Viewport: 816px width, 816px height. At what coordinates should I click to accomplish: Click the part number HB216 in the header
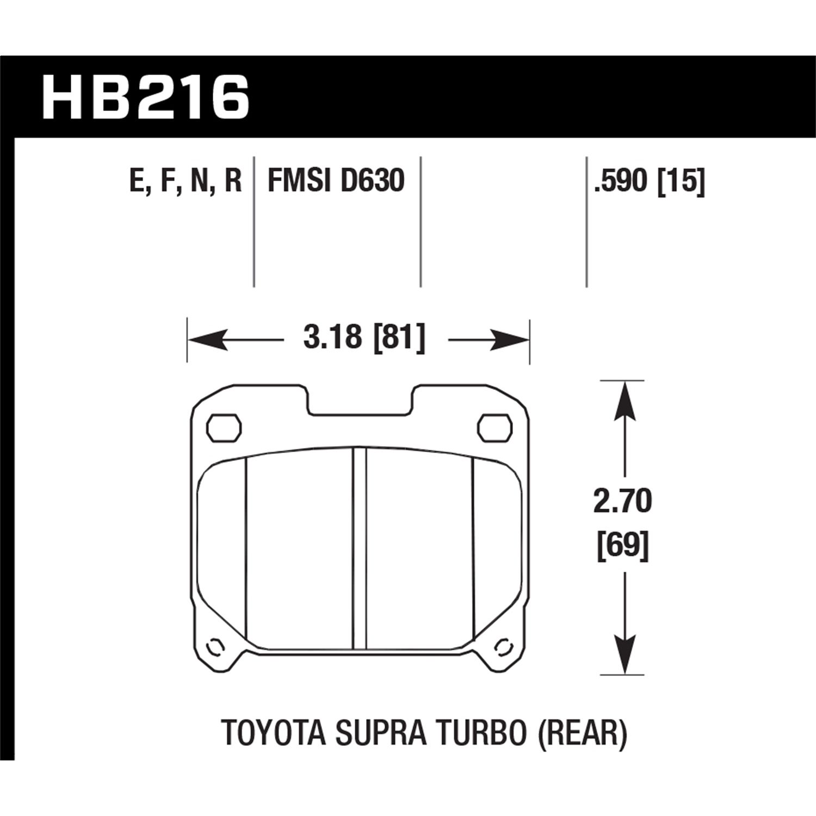click(145, 97)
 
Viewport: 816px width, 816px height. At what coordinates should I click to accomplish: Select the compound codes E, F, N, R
click(185, 181)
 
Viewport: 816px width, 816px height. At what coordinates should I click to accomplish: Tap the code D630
click(372, 181)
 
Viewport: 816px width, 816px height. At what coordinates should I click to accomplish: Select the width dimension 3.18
click(332, 339)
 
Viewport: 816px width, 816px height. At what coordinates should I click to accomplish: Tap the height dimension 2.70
click(622, 502)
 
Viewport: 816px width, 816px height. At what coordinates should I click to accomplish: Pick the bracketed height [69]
click(622, 546)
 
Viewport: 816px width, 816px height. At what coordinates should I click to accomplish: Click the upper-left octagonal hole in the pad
click(224, 428)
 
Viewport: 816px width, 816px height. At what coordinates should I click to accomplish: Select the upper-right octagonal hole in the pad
click(494, 428)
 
